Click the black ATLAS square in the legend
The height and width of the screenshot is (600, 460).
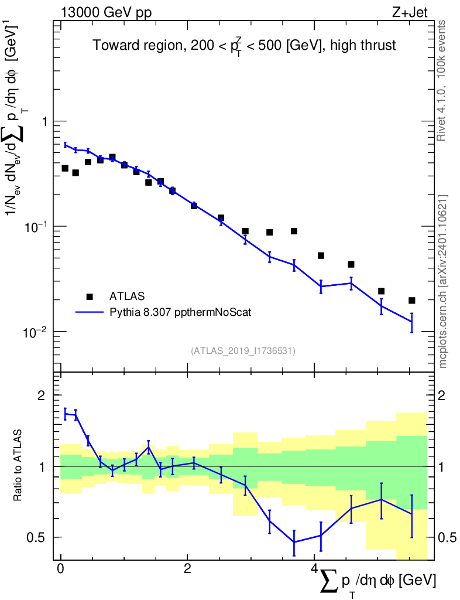pos(90,296)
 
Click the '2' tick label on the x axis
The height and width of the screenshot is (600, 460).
pos(187,570)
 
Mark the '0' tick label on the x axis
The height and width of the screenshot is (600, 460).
pos(60,570)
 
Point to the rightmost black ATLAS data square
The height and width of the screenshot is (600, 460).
pos(412,301)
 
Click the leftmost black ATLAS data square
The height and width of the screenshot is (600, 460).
pos(65,168)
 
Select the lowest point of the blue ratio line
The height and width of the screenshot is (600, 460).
pos(294,542)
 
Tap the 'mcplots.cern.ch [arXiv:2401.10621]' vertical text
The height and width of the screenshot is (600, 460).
pos(443,281)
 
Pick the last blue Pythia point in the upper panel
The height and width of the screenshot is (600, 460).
pos(412,322)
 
